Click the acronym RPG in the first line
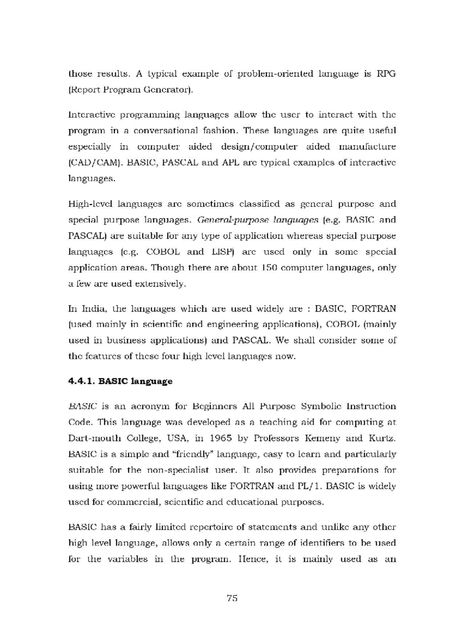click(x=386, y=74)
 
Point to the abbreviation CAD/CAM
click(x=96, y=163)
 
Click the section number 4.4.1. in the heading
click(x=82, y=381)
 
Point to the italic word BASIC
click(x=83, y=406)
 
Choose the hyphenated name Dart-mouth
click(x=95, y=438)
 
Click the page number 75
click(x=232, y=598)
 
